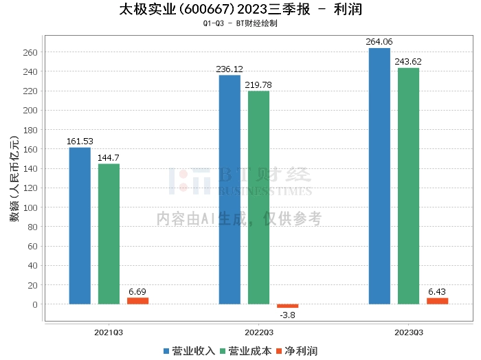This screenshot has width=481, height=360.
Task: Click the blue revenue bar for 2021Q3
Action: click(80, 226)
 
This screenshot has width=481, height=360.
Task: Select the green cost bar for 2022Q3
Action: click(258, 197)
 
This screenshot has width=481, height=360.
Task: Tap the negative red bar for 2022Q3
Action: click(287, 306)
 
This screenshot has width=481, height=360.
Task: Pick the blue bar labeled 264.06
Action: click(379, 176)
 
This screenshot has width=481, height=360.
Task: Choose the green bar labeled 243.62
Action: click(408, 186)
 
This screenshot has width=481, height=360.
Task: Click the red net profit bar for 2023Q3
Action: click(438, 301)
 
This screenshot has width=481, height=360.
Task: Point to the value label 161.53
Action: click(80, 142)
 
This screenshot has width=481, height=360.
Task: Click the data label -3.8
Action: click(287, 315)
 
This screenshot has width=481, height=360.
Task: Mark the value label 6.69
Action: click(137, 291)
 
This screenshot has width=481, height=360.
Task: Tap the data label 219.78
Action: click(258, 85)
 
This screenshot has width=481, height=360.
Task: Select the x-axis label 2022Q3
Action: click(259, 333)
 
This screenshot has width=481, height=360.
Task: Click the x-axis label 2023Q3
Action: click(409, 333)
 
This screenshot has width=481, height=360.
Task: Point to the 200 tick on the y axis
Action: click(30, 111)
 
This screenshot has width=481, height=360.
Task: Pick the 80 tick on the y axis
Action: click(32, 227)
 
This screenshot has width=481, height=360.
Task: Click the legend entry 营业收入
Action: click(189, 351)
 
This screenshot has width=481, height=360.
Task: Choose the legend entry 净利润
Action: click(297, 351)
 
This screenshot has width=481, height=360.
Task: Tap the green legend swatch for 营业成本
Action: click(223, 351)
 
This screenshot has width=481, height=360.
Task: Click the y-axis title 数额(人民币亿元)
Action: click(14, 179)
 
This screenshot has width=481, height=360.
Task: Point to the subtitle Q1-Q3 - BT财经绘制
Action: click(240, 23)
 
